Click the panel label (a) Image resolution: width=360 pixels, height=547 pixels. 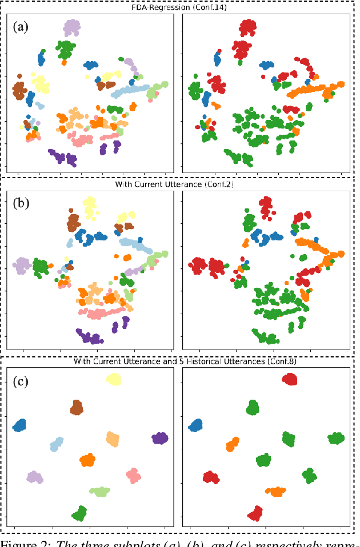pyautogui.click(x=22, y=26)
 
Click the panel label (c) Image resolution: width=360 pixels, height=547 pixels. pyautogui.click(x=22, y=381)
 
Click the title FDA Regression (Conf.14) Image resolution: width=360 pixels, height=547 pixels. pyautogui.click(x=179, y=7)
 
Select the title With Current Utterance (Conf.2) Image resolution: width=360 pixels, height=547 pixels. pyautogui.click(x=179, y=184)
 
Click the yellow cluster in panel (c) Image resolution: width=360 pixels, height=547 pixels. pyautogui.click(x=113, y=380)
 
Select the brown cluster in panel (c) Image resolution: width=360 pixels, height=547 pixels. pyautogui.click(x=77, y=407)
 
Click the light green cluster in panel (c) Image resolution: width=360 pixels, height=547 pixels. pyautogui.click(x=100, y=490)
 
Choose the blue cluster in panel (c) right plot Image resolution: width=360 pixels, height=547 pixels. pyautogui.click(x=196, y=425)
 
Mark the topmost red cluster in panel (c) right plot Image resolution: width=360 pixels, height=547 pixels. pyautogui.click(x=290, y=379)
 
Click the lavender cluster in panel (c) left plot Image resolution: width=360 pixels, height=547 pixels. pyautogui.click(x=34, y=477)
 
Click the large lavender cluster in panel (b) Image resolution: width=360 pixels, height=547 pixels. pyautogui.click(x=22, y=264)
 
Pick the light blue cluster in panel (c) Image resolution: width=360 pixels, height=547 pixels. pyautogui.click(x=56, y=444)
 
